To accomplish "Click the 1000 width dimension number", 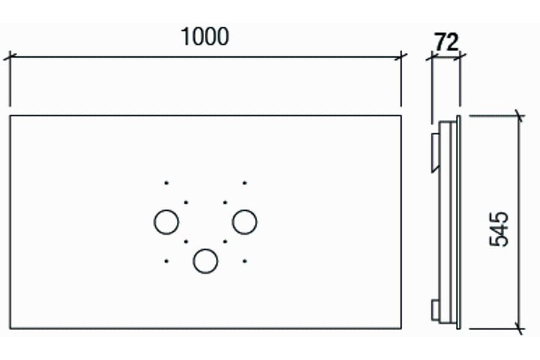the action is click(205, 37).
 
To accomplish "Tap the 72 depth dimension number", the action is click(446, 42).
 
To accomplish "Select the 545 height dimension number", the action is click(499, 229).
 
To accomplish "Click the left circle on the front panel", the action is click(166, 222).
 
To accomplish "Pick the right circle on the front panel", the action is click(244, 222).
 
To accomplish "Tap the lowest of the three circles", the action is click(205, 261).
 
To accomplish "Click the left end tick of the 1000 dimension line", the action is click(10, 56).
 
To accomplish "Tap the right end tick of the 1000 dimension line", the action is click(400, 56).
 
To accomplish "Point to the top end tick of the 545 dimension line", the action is click(520, 115).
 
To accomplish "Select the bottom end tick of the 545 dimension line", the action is click(520, 328).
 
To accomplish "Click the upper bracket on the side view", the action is click(435, 152).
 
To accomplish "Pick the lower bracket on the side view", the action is click(435, 310).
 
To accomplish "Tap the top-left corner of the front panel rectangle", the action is click(10, 115).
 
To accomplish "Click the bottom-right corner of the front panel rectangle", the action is click(400, 328).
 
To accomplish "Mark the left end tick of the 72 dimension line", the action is click(432, 57).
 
